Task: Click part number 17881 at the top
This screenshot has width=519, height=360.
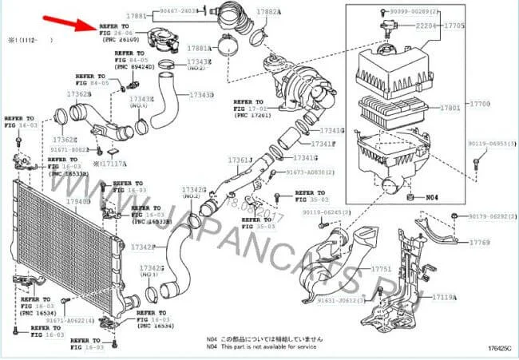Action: click(x=138, y=15)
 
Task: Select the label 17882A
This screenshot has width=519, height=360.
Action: click(x=269, y=12)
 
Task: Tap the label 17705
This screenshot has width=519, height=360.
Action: click(x=454, y=25)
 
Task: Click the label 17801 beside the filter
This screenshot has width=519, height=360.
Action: click(x=451, y=106)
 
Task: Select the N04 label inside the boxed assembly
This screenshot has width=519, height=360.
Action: click(x=432, y=196)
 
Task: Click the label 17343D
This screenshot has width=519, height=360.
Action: click(x=200, y=95)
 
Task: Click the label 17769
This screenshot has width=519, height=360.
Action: click(x=480, y=242)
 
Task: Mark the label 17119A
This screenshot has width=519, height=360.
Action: click(x=445, y=297)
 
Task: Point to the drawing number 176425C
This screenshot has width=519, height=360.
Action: click(x=497, y=348)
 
